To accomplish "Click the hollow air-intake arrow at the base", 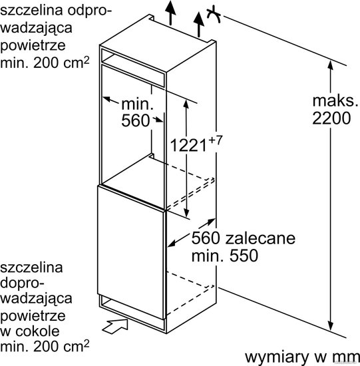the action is click(x=116, y=325).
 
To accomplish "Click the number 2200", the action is click(x=331, y=118).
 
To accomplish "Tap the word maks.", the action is click(x=335, y=101).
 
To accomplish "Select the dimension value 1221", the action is click(x=188, y=145).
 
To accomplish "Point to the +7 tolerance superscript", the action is click(x=214, y=140).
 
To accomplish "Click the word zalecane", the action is click(x=260, y=238).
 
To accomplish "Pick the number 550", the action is click(x=244, y=256).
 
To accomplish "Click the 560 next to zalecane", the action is click(x=206, y=238).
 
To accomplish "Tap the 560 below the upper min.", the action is click(x=135, y=120).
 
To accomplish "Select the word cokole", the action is click(x=37, y=331).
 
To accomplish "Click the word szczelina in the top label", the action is click(x=31, y=11).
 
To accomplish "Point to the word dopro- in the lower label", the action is click(x=22, y=283).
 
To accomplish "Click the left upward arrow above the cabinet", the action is click(x=170, y=13).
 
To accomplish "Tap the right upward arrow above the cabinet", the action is click(x=199, y=25).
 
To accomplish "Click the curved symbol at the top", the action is click(x=214, y=15).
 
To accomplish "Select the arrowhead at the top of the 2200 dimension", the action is click(x=330, y=65).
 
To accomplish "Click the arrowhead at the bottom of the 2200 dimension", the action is click(x=330, y=325).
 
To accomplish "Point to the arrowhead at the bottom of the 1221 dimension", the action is click(x=186, y=212).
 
